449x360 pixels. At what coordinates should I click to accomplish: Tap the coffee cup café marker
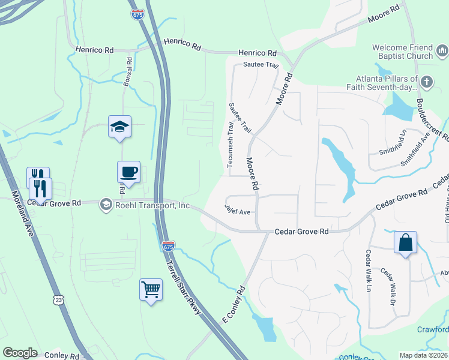[129, 172]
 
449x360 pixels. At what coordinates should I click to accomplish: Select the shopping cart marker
[151, 290]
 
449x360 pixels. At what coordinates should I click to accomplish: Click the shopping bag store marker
[406, 242]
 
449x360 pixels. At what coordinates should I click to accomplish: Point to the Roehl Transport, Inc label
[152, 205]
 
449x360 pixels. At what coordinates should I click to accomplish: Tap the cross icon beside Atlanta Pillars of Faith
[426, 82]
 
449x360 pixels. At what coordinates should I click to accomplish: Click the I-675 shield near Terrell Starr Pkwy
[169, 246]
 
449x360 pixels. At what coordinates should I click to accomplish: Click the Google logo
[20, 353]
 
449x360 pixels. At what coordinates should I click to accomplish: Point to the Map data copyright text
[424, 355]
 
